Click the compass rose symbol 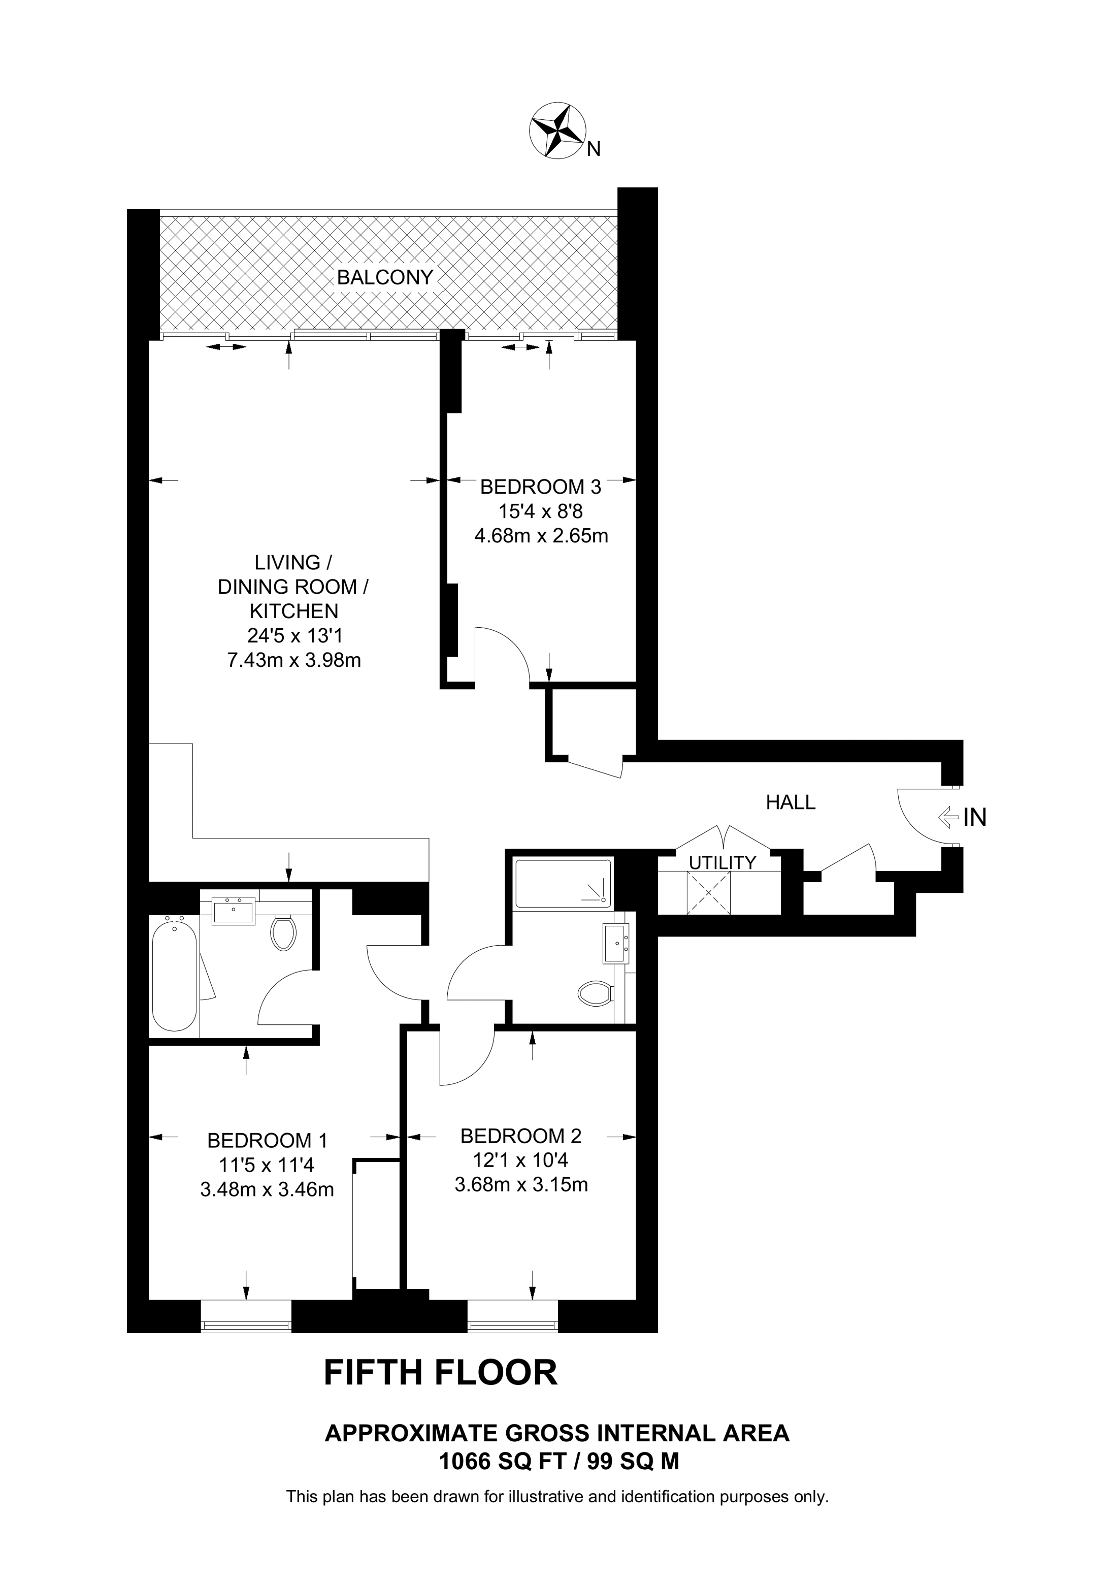pos(557,131)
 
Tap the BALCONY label pos(385,277)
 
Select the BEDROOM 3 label pos(540,487)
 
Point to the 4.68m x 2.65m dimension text pos(541,536)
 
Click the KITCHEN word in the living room pos(294,611)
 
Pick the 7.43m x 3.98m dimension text pos(294,660)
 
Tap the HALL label pos(791,802)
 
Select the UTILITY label pos(722,863)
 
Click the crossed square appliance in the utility pos(709,893)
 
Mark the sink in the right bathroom pos(616,943)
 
